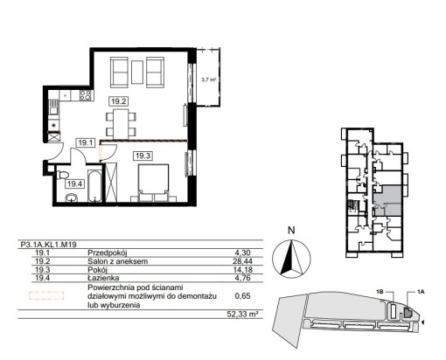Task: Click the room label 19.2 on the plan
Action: point(119,101)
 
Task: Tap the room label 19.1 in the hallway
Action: point(86,142)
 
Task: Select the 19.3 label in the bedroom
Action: point(143,156)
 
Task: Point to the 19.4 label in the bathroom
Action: point(74,183)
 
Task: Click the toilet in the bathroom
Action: point(62,175)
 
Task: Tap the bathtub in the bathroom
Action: point(94,185)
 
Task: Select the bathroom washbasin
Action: point(72,198)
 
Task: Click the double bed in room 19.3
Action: point(154,183)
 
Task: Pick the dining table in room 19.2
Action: point(121,124)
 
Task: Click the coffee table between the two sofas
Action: point(137,72)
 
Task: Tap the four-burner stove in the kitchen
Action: point(86,95)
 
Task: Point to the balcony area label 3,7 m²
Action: point(209,80)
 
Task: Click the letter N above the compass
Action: point(291,231)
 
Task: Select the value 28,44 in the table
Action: point(242,261)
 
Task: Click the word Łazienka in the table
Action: point(103,278)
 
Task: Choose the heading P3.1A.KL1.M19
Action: point(49,245)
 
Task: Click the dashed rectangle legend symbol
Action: point(46,295)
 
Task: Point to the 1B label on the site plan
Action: point(380,292)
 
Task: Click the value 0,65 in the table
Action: point(242,296)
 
